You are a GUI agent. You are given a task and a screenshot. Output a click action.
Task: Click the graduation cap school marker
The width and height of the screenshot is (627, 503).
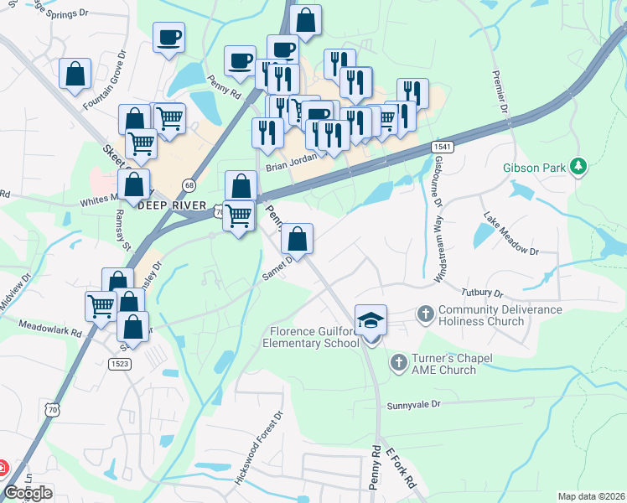pos(370,320)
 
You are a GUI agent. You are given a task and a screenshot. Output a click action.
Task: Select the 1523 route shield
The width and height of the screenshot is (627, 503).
pos(120,363)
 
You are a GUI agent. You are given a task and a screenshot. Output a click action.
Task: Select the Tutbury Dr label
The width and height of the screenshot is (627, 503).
pos(481,293)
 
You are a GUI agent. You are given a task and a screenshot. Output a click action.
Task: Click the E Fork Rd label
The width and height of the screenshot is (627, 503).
pos(400,468)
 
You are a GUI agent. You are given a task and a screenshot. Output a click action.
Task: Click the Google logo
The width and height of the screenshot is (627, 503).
pos(28,493)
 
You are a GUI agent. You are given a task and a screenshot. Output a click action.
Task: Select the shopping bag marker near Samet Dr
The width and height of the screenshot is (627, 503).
pos(297,240)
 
